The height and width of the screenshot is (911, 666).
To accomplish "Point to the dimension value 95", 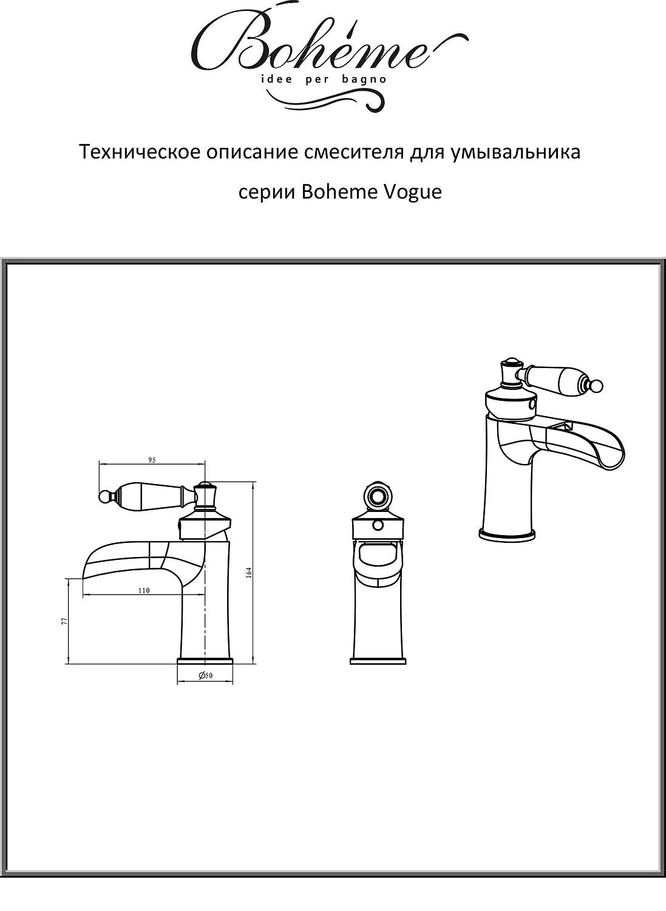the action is tap(152, 460).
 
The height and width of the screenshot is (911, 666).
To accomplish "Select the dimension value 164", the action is tap(249, 572).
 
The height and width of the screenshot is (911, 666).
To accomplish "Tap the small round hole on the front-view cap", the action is tap(378, 527).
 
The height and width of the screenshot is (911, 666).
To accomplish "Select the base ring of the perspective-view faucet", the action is tap(508, 535).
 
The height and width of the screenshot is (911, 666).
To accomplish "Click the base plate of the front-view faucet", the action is tap(378, 661).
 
